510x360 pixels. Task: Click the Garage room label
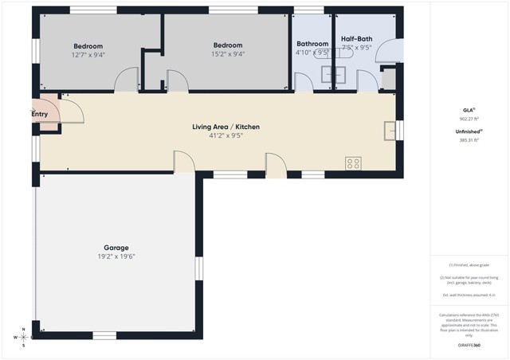coord(116,248)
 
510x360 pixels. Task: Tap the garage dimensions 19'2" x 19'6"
coord(116,256)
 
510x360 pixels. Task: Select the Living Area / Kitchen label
coord(226,127)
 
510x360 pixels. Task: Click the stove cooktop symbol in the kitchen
coord(353,163)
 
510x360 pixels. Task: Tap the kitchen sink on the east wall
coord(389,130)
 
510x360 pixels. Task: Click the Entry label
coord(40,114)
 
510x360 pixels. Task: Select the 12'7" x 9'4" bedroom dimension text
coord(88,55)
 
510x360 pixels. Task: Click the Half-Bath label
coord(356,38)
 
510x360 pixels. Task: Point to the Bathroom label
coord(312,44)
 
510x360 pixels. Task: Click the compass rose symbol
coord(24,337)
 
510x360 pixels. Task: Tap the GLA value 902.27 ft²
coord(468,118)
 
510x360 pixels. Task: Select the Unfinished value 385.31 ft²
coord(468,140)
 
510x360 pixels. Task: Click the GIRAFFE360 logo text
coord(468,345)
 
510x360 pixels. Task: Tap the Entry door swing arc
coord(73,111)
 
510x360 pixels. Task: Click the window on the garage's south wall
coord(104,335)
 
